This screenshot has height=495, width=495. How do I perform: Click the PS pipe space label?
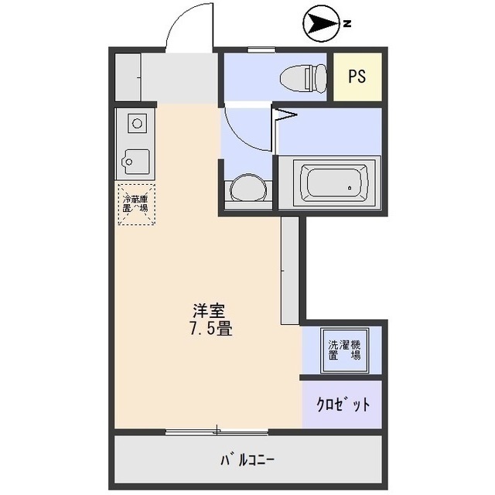[357, 77]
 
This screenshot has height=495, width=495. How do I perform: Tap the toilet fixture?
[302, 77]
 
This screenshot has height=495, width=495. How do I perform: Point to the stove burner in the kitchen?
[137, 122]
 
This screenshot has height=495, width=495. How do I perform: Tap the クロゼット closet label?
[343, 405]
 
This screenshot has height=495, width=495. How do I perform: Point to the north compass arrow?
[321, 25]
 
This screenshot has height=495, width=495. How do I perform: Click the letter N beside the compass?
[348, 25]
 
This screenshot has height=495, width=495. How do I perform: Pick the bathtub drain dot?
[350, 188]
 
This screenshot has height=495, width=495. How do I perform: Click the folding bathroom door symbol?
[285, 117]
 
